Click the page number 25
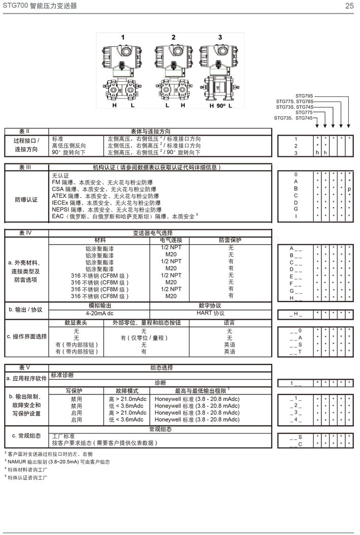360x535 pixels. pyautogui.click(x=349, y=6)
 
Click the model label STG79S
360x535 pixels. pyautogui.click(x=305, y=96)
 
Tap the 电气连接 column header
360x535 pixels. pyautogui.click(x=171, y=240)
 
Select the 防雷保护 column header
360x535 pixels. pyautogui.click(x=231, y=240)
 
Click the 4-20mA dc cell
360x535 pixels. pyautogui.click(x=99, y=313)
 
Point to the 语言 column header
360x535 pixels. pyautogui.click(x=230, y=322)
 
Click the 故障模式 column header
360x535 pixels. pyautogui.click(x=127, y=391)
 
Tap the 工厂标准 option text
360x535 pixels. pyautogui.click(x=63, y=436)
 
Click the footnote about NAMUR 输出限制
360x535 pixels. pyautogui.click(x=57, y=462)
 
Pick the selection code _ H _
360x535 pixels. pyautogui.click(x=296, y=315)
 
